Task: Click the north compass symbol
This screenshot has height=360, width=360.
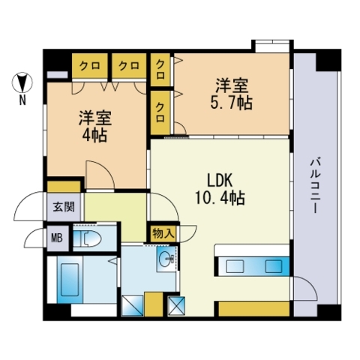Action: click(22, 82)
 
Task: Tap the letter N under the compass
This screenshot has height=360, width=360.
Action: click(22, 100)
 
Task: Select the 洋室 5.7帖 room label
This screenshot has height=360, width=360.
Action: click(232, 94)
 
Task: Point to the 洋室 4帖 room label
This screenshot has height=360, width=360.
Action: click(95, 126)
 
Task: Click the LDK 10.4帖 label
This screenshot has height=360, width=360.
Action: click(220, 189)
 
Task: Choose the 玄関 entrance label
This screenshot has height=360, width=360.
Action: click(64, 207)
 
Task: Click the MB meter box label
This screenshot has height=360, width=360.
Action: click(57, 238)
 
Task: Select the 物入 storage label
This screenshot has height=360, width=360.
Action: click(163, 234)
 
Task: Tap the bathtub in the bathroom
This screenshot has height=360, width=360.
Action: click(70, 280)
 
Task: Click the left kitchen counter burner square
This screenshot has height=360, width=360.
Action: click(235, 266)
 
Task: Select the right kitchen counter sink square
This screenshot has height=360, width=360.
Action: click(274, 266)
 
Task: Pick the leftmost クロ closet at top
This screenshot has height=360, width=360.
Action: click(90, 65)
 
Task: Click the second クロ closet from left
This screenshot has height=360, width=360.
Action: click(129, 65)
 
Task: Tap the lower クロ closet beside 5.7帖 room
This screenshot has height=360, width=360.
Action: click(160, 112)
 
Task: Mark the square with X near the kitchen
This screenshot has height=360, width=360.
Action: click(176, 306)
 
